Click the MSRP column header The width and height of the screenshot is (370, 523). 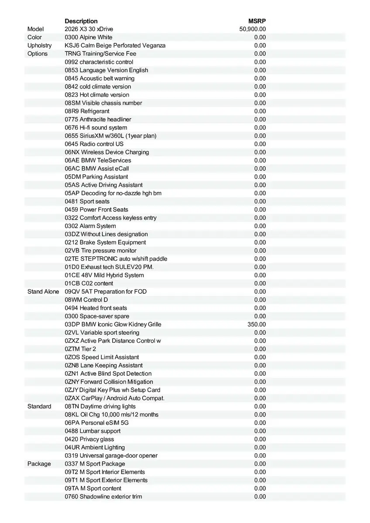point(257,21)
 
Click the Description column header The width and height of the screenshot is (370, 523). point(81,21)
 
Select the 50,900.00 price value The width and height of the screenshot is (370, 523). point(253,29)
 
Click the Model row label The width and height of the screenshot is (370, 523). point(36,29)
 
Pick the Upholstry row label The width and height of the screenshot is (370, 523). point(39,45)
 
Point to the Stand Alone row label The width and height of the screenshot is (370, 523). point(43,292)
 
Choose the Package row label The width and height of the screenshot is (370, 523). point(39,464)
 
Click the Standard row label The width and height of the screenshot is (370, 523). point(39,406)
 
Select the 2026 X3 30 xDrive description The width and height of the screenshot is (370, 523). point(89,29)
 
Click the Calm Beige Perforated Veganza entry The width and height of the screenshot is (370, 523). point(115,45)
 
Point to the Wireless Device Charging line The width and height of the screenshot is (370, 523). point(107,152)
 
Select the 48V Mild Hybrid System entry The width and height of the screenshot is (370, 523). point(104,275)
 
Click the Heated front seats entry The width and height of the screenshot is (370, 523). point(96,308)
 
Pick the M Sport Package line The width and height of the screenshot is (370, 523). point(95,464)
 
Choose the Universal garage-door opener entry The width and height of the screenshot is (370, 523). point(111,455)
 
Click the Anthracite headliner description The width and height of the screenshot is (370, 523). point(98,119)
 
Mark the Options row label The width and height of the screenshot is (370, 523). point(38,54)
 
